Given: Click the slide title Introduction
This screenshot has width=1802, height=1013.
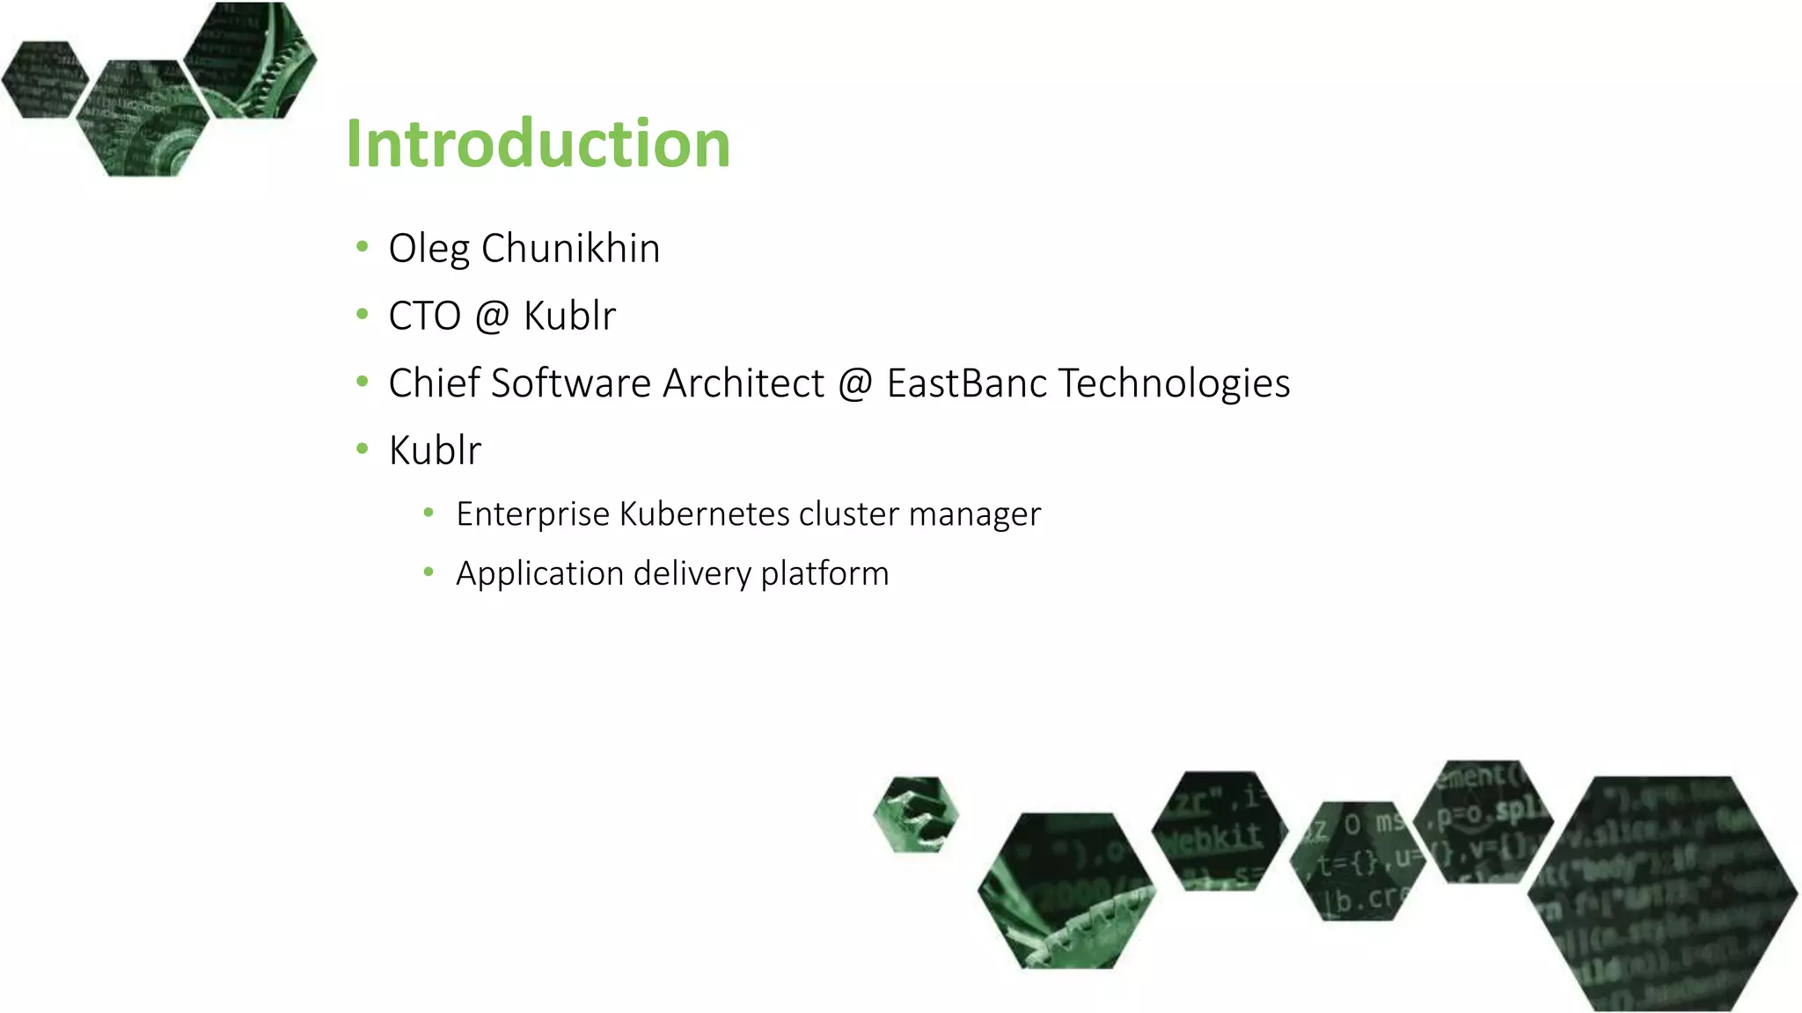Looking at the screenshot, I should [x=538, y=143].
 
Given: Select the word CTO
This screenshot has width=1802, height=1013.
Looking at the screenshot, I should [x=424, y=317].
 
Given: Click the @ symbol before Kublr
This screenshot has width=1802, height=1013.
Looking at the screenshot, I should [x=492, y=317].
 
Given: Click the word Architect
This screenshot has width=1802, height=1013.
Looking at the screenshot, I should [x=744, y=383].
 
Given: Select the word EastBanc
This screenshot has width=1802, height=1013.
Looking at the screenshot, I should [x=966, y=383].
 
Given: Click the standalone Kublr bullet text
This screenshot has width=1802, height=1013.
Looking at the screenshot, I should [x=435, y=451].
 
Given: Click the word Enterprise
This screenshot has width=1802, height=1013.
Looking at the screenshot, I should [x=532, y=514].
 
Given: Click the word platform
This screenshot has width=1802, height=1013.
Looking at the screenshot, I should [x=824, y=574].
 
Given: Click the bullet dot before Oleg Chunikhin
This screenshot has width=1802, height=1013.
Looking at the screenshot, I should [x=362, y=247].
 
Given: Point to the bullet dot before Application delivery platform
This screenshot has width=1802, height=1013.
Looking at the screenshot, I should [x=429, y=572].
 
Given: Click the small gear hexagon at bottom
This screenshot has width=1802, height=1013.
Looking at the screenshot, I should [x=916, y=814].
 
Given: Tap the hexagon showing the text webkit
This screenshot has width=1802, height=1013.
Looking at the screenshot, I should [x=1219, y=831].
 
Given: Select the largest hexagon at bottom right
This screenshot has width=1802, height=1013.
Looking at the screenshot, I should [x=1662, y=893].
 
